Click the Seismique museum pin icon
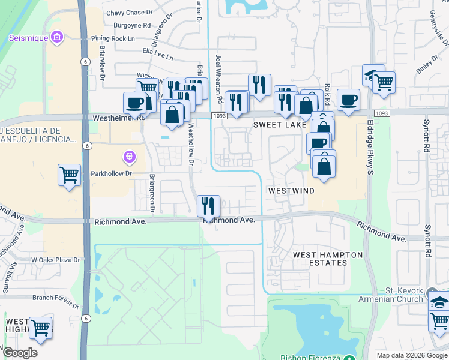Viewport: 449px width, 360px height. (x=57, y=38)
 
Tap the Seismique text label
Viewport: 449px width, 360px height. (x=28, y=38)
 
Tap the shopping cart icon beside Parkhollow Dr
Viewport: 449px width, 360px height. (x=70, y=176)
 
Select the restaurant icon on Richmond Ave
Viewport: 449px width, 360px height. (x=208, y=206)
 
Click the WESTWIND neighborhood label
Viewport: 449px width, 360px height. (x=291, y=190)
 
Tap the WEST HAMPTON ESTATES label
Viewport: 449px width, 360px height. (x=328, y=259)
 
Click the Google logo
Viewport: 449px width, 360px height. (x=20, y=353)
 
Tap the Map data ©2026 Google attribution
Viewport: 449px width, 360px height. (x=412, y=355)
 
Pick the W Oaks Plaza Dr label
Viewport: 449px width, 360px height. (x=55, y=260)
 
